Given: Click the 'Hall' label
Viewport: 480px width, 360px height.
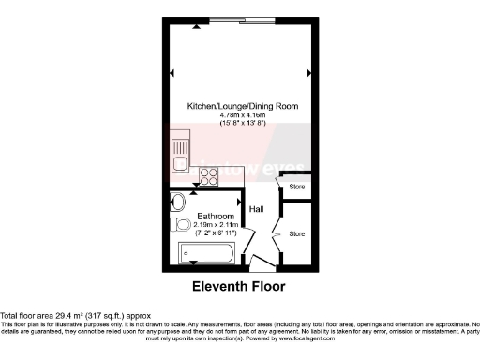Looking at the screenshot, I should pos(256,209).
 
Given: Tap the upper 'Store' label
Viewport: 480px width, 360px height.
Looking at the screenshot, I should pos(296,187).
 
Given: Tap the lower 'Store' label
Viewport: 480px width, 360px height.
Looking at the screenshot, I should pos(296,233).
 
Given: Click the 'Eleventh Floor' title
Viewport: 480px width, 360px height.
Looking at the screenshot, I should pos(238,286).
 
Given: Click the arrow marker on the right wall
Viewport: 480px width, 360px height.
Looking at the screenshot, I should pos(308,69).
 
